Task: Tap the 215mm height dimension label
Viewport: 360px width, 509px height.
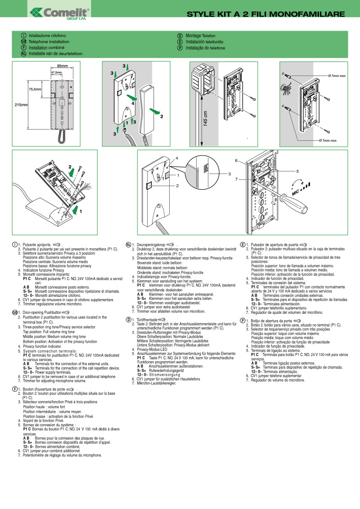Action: pyautogui.click(x=21, y=105)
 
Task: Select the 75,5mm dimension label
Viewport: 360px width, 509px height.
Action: pyautogui.click(x=35, y=89)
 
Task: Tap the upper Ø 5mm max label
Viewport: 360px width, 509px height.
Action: pyautogui.click(x=337, y=76)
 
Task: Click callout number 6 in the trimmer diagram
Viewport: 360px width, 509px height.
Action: pyautogui.click(x=236, y=161)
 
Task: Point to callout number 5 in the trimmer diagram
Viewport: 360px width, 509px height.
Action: pyautogui.click(x=297, y=171)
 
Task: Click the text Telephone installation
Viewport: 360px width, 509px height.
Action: pyautogui.click(x=49, y=41)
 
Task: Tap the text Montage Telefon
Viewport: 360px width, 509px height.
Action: pyautogui.click(x=200, y=36)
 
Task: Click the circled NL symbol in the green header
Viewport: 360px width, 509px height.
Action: pyautogui.click(x=23, y=54)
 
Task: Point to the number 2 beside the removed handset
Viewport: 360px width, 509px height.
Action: pyautogui.click(x=161, y=116)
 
